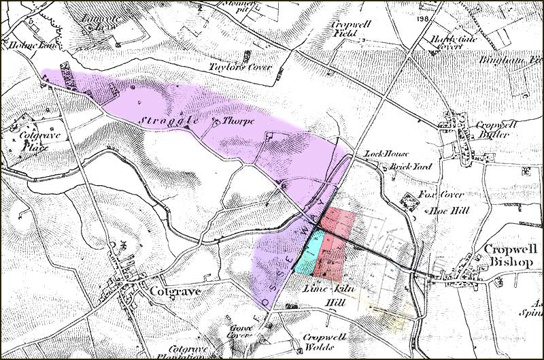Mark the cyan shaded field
coord(309,252)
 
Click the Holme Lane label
coord(22,47)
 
